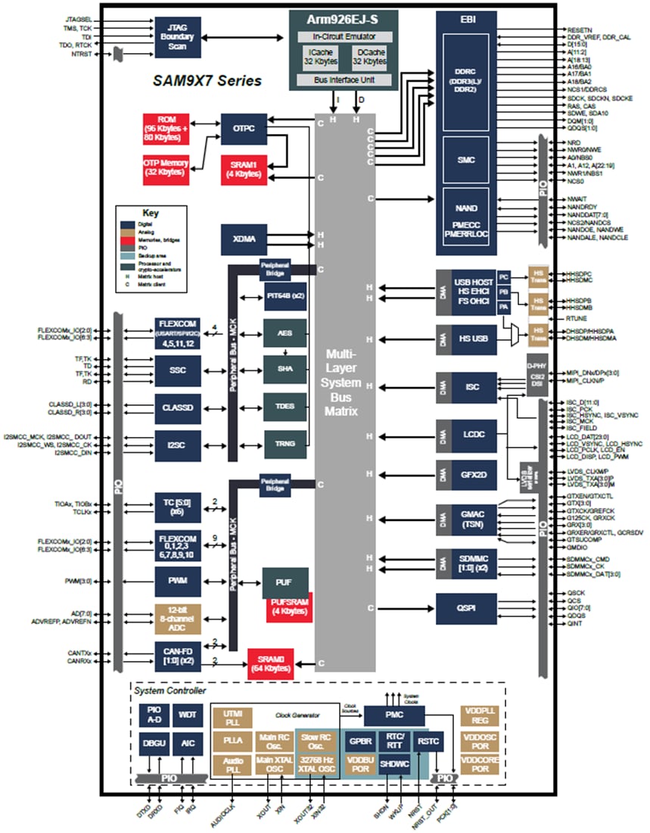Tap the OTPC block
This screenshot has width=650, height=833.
(244, 129)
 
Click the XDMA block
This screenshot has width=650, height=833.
(244, 239)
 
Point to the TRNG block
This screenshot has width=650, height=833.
(285, 443)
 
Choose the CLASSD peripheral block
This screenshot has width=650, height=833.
(178, 407)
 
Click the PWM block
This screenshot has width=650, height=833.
(178, 581)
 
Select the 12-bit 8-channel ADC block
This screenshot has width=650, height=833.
(178, 619)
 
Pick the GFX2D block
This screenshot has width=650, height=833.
(473, 474)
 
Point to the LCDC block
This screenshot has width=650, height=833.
(473, 436)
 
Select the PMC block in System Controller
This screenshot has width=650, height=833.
(394, 714)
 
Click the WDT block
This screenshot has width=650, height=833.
(187, 714)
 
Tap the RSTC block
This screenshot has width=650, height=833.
(428, 743)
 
